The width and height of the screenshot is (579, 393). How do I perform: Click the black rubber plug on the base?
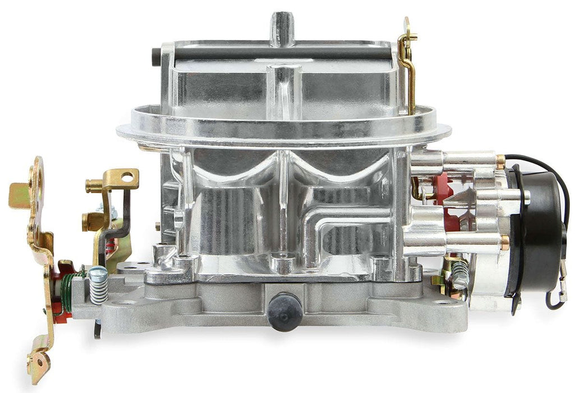pos(284,310)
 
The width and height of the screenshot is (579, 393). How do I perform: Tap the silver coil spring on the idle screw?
pos(98,289)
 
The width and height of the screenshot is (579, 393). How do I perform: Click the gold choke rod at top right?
pos(408,62)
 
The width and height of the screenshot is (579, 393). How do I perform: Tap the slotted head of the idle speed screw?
pos(98,272)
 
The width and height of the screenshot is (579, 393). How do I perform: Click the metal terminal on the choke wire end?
pos(562,293)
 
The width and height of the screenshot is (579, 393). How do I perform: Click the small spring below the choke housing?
pos(460,275)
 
